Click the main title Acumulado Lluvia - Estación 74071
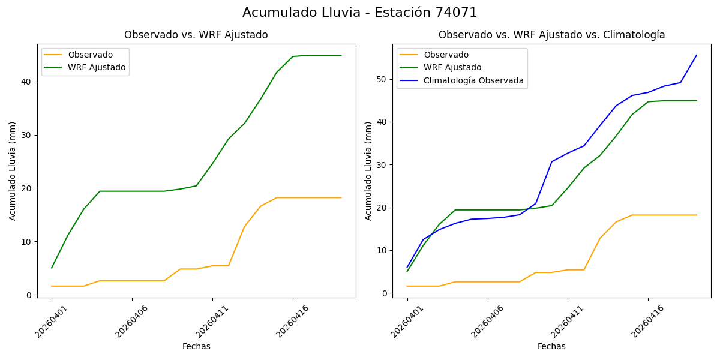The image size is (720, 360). tap(360, 13)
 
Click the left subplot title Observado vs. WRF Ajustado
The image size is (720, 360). tap(196, 35)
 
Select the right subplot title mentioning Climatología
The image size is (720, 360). tap(551, 35)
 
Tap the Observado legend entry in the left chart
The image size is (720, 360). tap(90, 55)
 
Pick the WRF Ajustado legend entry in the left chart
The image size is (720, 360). tap(97, 67)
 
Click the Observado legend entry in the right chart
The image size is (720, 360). tap(446, 55)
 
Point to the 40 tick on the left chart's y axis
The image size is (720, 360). tap(27, 82)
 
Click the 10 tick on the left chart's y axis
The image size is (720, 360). tap(27, 242)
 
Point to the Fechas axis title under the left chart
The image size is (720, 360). tap(196, 346)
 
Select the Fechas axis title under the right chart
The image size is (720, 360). tap(551, 346)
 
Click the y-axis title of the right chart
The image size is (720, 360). tap(368, 170)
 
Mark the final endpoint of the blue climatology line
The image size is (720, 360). tap(697, 55)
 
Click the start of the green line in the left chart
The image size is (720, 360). tap(52, 268)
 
